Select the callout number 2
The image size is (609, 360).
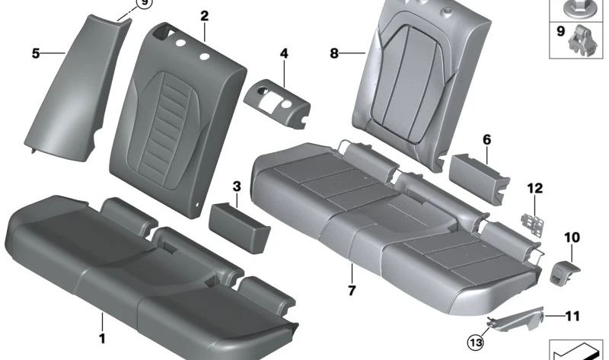[x=204, y=15]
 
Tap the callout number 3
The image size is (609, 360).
[x=237, y=186]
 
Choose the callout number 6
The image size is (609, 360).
[x=486, y=139]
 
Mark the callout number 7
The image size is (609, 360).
[x=352, y=291]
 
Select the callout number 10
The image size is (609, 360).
[x=571, y=238]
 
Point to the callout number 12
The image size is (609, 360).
[x=534, y=187]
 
